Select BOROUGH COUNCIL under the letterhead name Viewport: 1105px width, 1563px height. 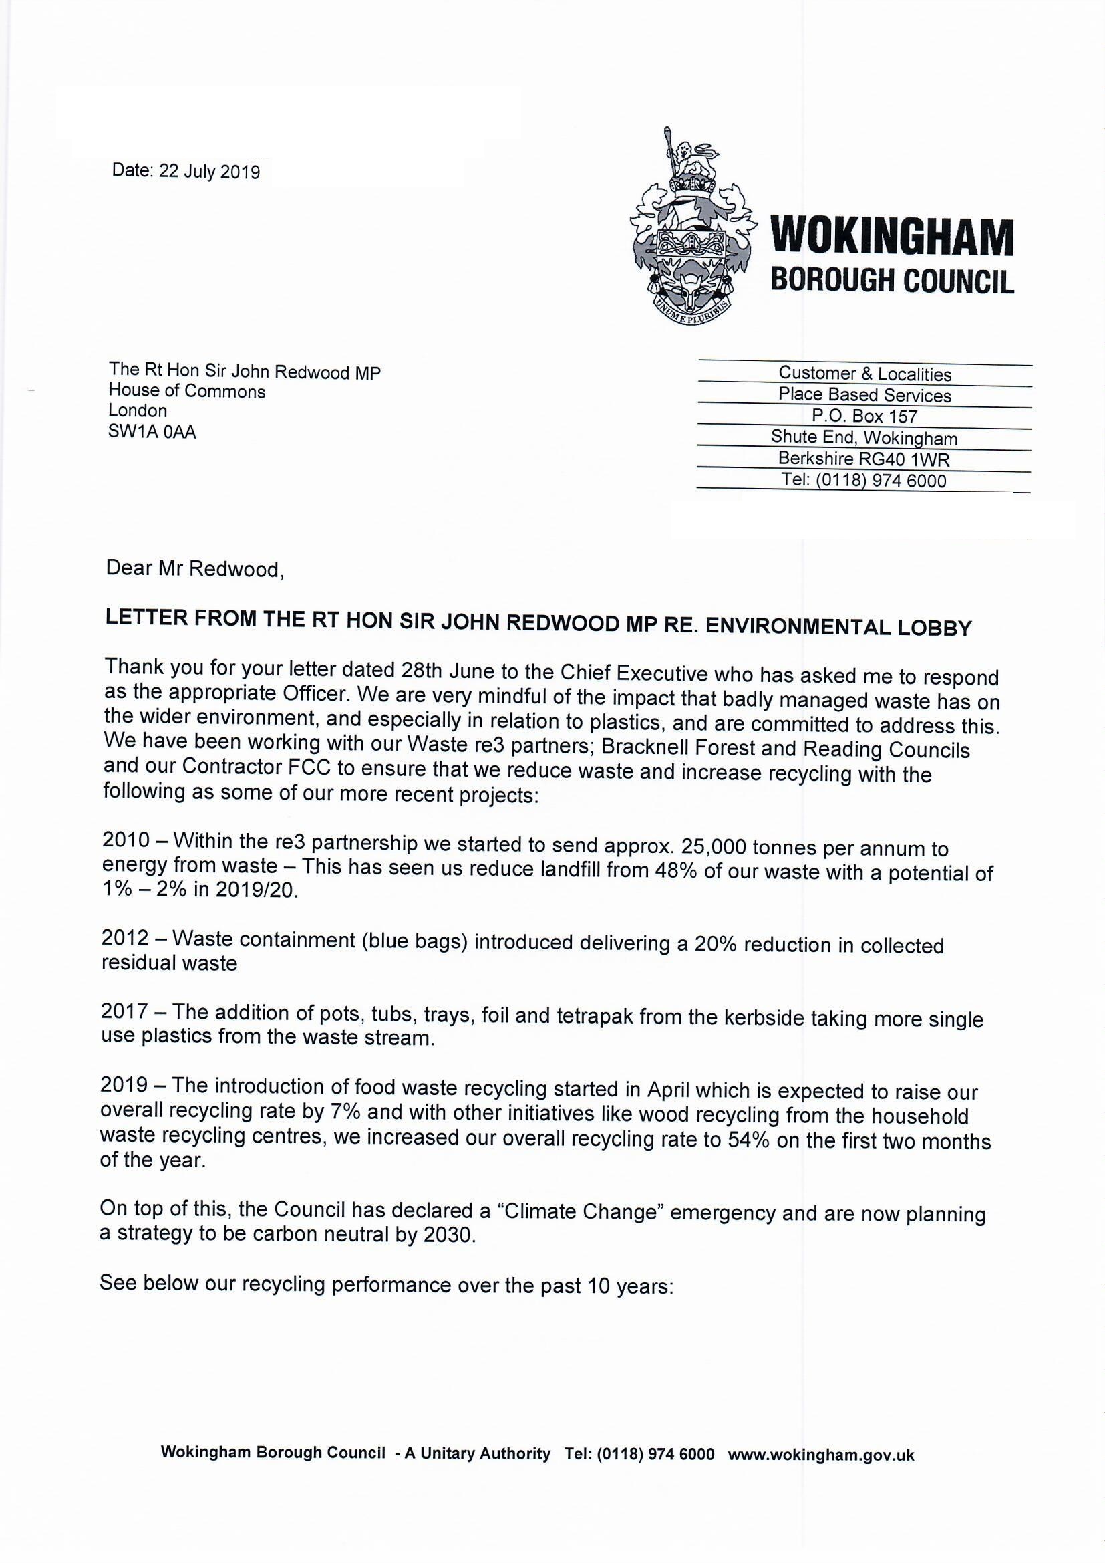(891, 280)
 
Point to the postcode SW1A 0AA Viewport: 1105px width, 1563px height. (152, 432)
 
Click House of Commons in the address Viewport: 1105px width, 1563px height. (187, 392)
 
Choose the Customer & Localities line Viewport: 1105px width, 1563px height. (864, 374)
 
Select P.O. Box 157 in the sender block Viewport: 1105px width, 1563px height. (864, 416)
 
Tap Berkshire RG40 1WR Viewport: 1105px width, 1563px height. (864, 459)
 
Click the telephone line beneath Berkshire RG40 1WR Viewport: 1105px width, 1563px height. (864, 481)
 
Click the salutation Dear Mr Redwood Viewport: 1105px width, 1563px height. (194, 568)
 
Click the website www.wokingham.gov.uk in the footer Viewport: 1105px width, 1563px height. (820, 1455)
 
